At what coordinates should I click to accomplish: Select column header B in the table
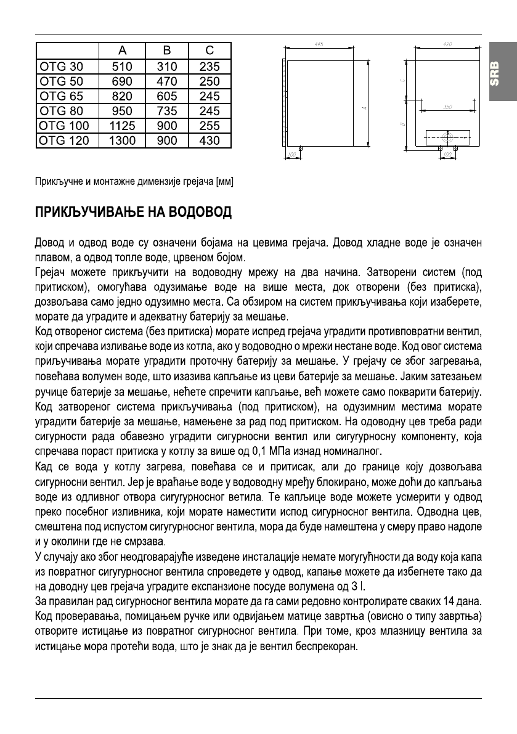(166, 51)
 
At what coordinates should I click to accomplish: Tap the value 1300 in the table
(122, 141)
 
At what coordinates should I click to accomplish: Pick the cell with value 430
(210, 141)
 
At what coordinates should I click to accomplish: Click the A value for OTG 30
(122, 67)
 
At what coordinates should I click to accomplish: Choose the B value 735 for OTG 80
(166, 111)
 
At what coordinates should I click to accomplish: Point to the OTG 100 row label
(64, 126)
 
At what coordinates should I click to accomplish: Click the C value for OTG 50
(210, 81)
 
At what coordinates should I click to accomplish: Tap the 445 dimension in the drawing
(320, 44)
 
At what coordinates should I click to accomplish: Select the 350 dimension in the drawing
(448, 107)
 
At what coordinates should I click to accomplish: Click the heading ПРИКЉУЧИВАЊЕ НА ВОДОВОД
(132, 213)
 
